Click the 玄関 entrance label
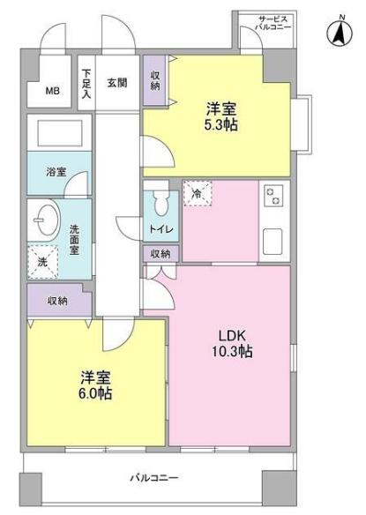coord(117,83)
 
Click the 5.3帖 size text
coord(220,125)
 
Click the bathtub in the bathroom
coord(56,133)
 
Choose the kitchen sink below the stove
coord(270,238)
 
